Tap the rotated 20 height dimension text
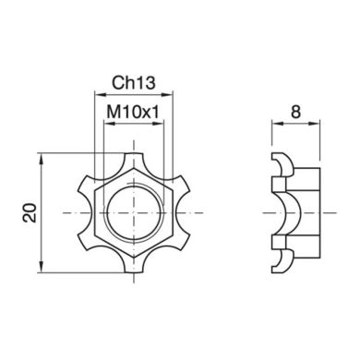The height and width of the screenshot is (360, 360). [30, 212]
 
